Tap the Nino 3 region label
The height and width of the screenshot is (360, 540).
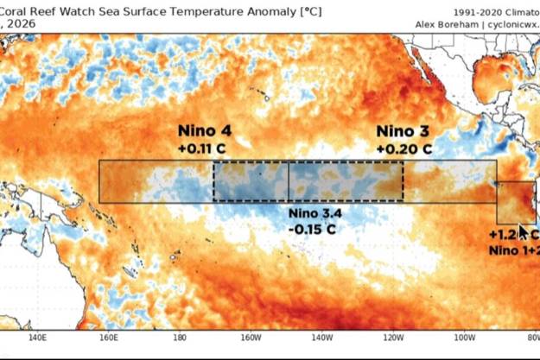coord(403,131)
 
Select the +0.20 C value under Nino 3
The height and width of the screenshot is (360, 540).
coord(403,148)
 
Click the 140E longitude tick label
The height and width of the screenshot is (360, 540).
coord(38,338)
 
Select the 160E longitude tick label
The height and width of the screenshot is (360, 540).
coord(110,338)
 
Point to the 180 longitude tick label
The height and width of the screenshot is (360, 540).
coord(180,338)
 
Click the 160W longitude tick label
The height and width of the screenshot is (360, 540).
coord(251,338)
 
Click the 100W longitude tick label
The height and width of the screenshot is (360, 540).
coord(464,338)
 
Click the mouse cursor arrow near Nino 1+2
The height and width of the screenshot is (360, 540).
coord(522,231)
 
